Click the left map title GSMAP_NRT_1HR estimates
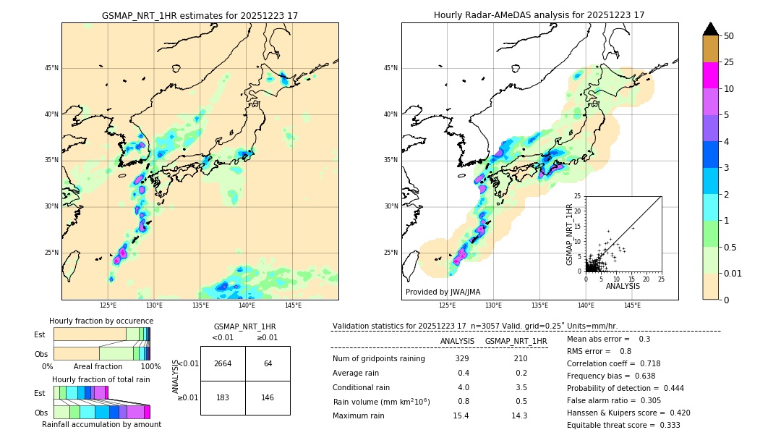200,15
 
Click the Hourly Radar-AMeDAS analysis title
539,15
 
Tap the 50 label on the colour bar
729,36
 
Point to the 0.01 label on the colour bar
733,273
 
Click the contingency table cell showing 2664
223,363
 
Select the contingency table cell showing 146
268,397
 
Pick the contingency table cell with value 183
223,397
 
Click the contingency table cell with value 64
268,363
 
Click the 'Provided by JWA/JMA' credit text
443,292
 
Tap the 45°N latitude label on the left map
51,68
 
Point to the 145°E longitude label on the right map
632,305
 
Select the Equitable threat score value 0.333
665,425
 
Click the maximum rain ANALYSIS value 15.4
461,415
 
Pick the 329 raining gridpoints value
462,358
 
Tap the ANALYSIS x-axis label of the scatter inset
623,286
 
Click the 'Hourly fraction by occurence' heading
101,321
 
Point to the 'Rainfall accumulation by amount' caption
101,424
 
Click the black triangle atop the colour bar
711,29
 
